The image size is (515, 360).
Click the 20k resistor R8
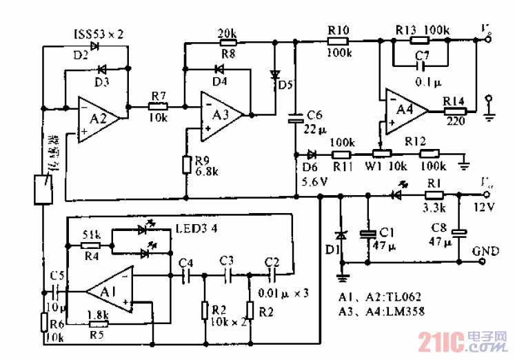pyautogui.click(x=227, y=43)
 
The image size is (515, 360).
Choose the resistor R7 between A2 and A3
pyautogui.click(x=158, y=106)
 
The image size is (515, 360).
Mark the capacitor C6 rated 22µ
pyautogui.click(x=296, y=118)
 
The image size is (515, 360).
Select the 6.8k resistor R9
pyautogui.click(x=186, y=165)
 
